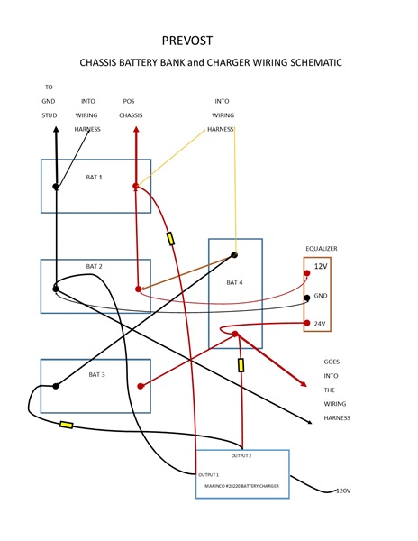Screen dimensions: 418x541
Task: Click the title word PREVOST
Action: point(187,41)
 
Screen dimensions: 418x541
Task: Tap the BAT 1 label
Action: point(94,178)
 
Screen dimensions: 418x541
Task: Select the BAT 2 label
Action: point(94,266)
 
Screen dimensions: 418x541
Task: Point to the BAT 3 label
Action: point(96,375)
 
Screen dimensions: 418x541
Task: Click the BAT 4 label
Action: point(234,282)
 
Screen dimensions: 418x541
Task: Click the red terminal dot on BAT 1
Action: point(136,186)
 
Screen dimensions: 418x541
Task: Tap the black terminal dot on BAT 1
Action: point(56,187)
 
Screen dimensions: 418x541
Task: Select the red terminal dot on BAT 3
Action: point(141,386)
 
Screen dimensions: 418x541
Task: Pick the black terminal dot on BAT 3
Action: point(56,386)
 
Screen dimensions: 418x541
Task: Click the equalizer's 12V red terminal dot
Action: point(306,273)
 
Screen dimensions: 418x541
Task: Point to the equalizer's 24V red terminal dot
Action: point(306,323)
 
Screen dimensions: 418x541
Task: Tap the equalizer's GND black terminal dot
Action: point(306,298)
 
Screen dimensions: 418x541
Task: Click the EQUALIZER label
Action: point(322,249)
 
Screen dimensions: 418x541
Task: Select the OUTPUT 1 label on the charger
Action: point(208,475)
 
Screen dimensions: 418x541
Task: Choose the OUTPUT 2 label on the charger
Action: point(241,455)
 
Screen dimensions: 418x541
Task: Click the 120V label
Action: point(343,491)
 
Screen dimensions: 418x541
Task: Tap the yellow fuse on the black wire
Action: point(66,425)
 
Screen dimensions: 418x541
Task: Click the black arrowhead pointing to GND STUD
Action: point(56,130)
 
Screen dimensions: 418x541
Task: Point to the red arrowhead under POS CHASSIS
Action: point(136,130)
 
